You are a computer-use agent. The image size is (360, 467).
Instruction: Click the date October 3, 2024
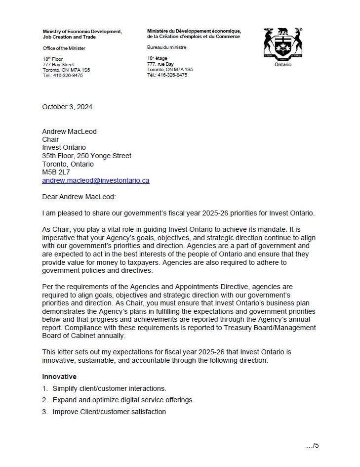pos(67,107)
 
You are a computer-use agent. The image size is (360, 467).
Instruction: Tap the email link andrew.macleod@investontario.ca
pos(95,180)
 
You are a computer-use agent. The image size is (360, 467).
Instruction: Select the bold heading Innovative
pos(59,377)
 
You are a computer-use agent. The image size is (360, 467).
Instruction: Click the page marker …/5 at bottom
pos(312,445)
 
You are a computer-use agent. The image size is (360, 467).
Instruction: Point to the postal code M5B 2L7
pos(56,172)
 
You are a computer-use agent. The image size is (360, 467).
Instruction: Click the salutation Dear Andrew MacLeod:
pos(79,197)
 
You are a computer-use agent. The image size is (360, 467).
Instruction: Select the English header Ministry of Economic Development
pos(82,32)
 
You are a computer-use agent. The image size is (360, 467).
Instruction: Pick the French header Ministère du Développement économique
pos(194,31)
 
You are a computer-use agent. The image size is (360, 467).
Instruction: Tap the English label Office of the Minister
pos(64,48)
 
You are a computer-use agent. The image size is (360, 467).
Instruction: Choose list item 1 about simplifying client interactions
pos(109,388)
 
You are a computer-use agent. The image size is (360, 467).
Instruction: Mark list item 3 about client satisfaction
pos(109,412)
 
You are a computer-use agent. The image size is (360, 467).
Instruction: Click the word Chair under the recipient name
pos(50,139)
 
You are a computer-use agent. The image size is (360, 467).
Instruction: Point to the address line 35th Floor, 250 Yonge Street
pos(86,156)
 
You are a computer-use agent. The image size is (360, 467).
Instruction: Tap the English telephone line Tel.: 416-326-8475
pos(63,76)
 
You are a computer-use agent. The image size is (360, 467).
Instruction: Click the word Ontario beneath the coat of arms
pos(283,64)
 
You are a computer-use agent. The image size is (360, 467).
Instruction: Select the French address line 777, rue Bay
pos(160,64)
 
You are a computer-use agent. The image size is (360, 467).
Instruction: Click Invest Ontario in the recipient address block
pos(64,147)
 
